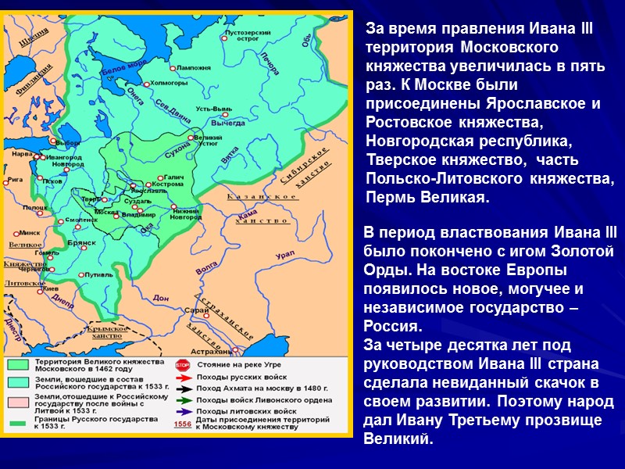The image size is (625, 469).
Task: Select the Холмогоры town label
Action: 166,80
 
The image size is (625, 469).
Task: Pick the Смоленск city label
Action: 80,221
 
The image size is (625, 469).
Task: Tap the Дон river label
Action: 162,297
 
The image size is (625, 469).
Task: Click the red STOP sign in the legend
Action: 182,364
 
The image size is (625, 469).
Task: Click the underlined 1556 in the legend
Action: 182,424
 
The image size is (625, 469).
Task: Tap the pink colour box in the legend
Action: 17,400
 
